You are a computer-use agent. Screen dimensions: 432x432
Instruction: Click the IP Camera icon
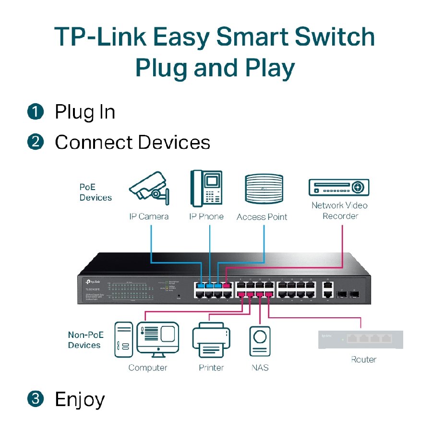pyautogui.click(x=148, y=191)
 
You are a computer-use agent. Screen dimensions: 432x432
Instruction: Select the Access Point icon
pyautogui.click(x=262, y=190)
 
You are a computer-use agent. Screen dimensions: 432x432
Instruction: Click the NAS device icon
pyautogui.click(x=260, y=341)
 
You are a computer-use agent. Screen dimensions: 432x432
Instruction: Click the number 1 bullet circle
pyautogui.click(x=36, y=112)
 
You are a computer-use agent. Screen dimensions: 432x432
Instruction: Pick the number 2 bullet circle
pyautogui.click(x=36, y=142)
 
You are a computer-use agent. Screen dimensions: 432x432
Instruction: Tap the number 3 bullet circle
pyautogui.click(x=36, y=399)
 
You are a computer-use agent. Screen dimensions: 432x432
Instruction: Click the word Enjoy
pyautogui.click(x=80, y=399)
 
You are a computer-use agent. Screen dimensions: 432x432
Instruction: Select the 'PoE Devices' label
pyautogui.click(x=96, y=192)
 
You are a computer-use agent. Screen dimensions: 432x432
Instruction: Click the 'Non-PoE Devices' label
pyautogui.click(x=85, y=340)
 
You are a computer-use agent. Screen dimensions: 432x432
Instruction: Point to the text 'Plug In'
pyautogui.click(x=85, y=112)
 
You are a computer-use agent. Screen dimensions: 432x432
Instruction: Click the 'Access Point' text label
pyautogui.click(x=262, y=217)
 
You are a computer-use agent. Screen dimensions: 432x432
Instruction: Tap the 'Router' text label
pyautogui.click(x=363, y=360)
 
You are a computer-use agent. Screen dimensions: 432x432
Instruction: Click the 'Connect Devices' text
pyautogui.click(x=132, y=143)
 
